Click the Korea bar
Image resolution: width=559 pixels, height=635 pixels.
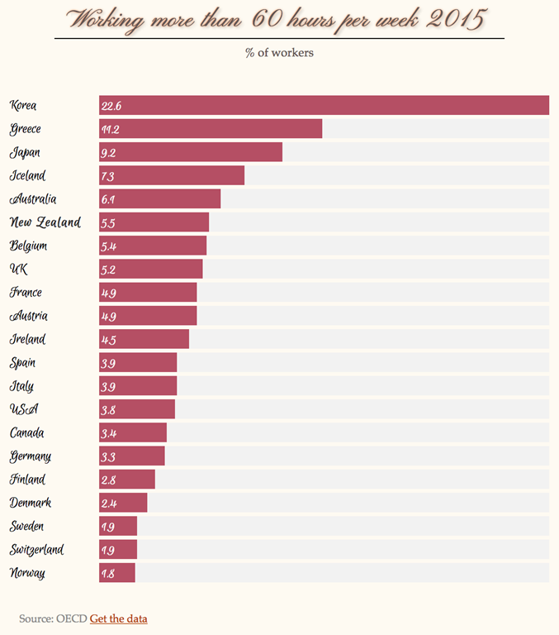coord(324,105)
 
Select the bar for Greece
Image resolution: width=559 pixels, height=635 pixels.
coord(211,129)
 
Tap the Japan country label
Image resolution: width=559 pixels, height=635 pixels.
coord(25,152)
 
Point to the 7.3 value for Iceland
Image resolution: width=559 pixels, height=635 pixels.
coord(107,176)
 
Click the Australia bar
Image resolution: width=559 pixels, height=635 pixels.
coord(159,199)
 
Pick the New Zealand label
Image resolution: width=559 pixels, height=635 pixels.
coord(45,222)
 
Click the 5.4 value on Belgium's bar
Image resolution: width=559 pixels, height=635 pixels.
coord(107,246)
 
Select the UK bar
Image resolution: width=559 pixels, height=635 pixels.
coord(150,270)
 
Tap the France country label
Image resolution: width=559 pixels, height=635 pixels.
coord(26,293)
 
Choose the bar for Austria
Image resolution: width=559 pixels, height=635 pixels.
coord(148,316)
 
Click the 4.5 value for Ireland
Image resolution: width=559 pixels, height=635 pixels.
coord(107,340)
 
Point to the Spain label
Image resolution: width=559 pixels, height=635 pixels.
coord(22,363)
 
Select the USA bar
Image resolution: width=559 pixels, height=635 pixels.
coord(137,409)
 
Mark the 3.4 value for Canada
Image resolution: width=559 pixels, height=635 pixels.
coord(107,433)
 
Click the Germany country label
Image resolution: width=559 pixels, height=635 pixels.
coord(31,456)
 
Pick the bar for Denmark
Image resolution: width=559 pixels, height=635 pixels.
coord(123,503)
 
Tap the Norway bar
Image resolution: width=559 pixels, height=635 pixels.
coord(116,573)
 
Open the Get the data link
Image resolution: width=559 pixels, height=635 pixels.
coord(118,618)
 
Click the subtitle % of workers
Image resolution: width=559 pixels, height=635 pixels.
coord(279,53)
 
